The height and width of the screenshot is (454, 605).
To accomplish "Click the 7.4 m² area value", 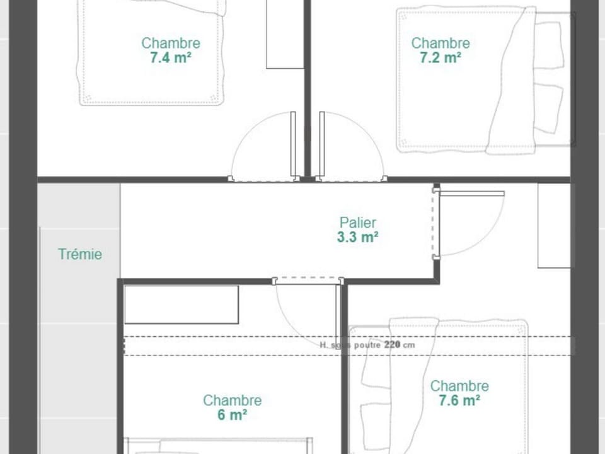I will [x=170, y=58].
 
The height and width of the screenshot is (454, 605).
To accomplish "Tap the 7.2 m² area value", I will [x=440, y=58].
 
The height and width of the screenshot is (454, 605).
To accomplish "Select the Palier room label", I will [x=358, y=223].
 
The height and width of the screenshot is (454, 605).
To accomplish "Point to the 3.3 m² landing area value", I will [x=358, y=237].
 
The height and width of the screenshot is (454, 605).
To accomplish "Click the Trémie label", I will [x=80, y=255].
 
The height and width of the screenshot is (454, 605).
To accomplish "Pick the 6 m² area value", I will [x=232, y=415].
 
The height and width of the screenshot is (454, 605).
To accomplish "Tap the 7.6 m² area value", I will [x=459, y=400].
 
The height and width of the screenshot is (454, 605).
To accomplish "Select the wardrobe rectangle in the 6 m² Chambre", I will [x=181, y=305].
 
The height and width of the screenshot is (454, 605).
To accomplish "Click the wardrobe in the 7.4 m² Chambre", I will [x=285, y=35].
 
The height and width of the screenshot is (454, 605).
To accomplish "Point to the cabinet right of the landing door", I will [x=554, y=225].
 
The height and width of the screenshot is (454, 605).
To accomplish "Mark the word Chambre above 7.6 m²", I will [x=459, y=386].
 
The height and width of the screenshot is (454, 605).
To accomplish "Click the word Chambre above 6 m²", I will [x=232, y=400].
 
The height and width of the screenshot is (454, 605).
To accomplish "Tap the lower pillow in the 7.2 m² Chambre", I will [x=548, y=107].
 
